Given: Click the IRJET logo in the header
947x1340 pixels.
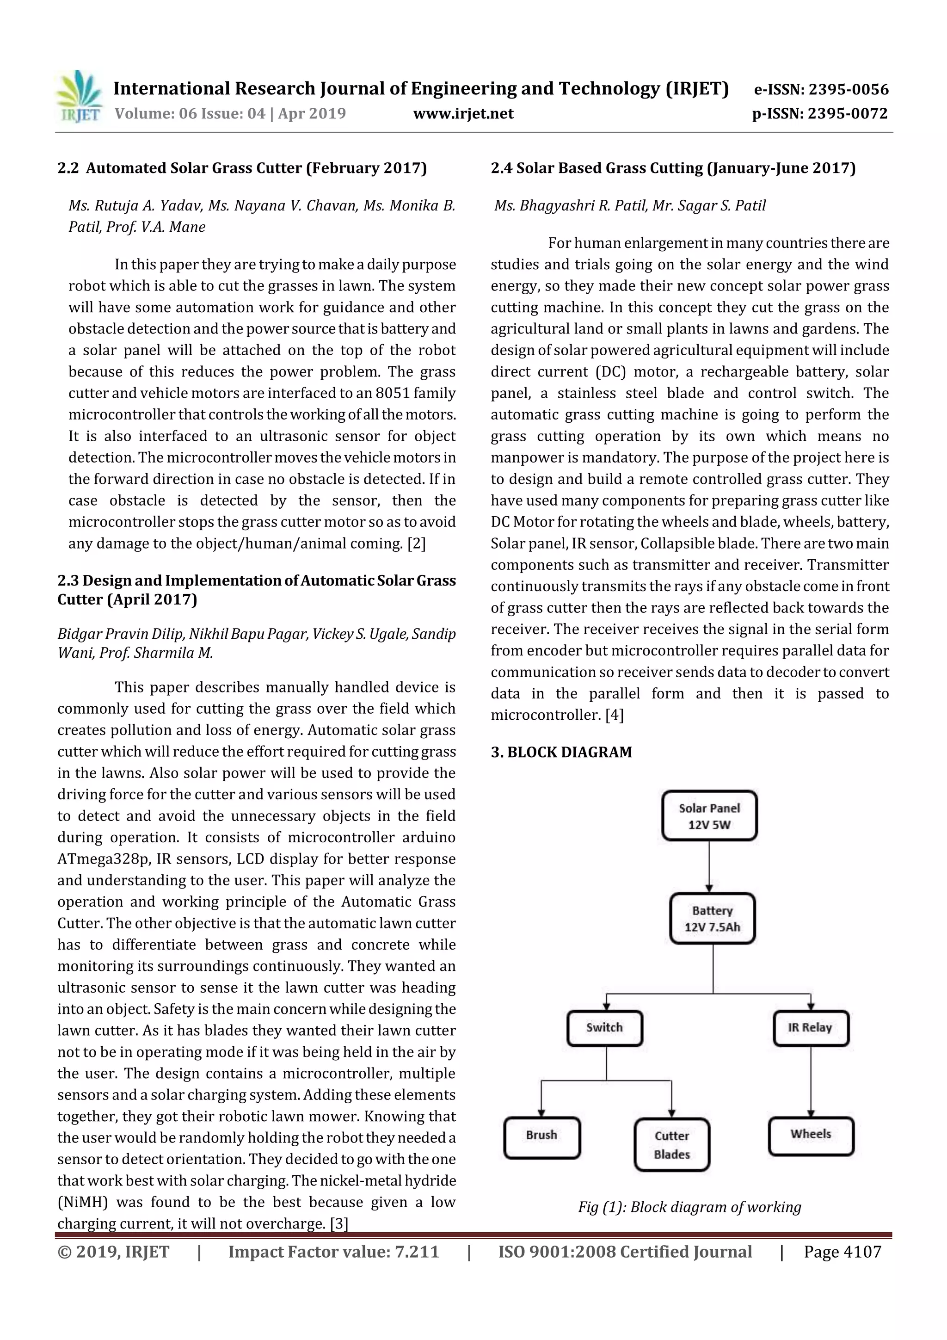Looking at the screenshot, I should [x=79, y=97].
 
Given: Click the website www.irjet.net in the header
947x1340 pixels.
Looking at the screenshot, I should [x=463, y=113].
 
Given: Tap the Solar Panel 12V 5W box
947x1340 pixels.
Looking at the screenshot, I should [x=709, y=816].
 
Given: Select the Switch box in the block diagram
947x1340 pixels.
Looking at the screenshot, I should [x=604, y=1028].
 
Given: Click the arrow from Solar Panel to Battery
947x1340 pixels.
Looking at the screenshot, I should [x=709, y=867].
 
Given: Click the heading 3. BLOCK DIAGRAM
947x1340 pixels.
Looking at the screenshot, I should [x=561, y=752].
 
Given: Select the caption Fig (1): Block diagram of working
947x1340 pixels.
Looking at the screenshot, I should [x=690, y=1206].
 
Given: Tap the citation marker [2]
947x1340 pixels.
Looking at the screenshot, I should [x=417, y=544].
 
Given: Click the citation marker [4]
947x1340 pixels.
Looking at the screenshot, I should [x=615, y=716].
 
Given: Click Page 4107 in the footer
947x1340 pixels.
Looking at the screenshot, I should [x=842, y=1251].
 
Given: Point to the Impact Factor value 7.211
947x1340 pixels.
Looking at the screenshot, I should [x=333, y=1251].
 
